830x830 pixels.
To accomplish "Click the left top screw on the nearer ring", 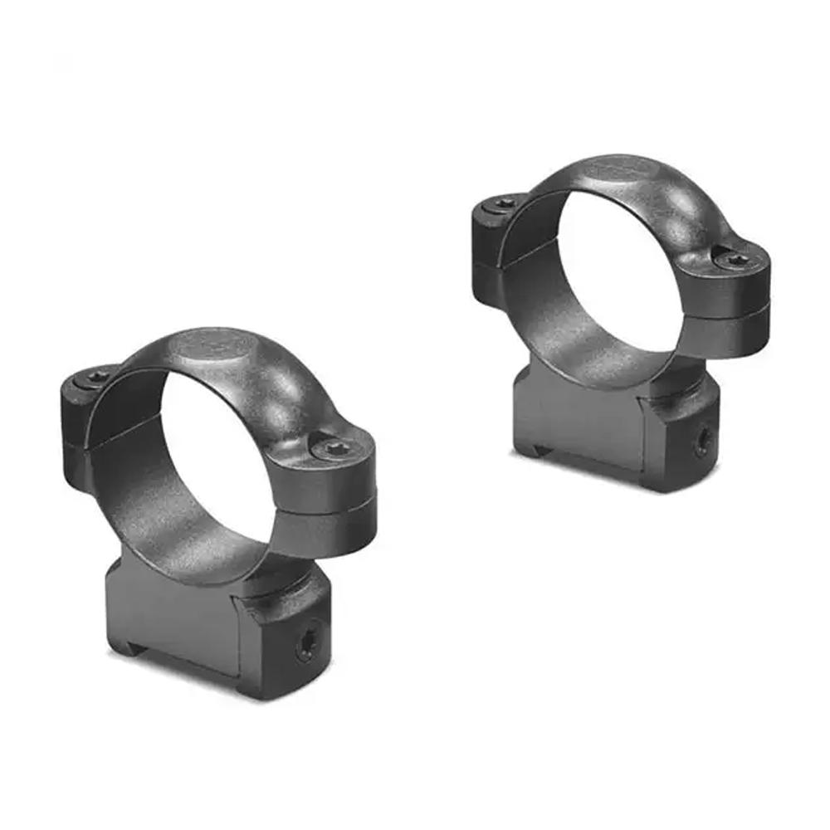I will tap(98, 378).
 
